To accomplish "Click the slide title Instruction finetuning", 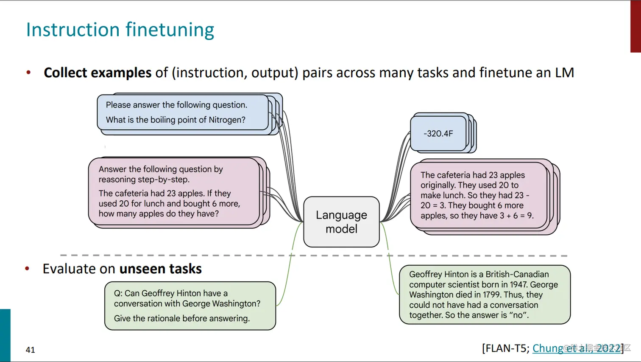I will pyautogui.click(x=120, y=30).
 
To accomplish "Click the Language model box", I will pyautogui.click(x=341, y=222).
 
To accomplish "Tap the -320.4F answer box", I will pyautogui.click(x=438, y=134).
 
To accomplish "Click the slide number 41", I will pyautogui.click(x=31, y=350).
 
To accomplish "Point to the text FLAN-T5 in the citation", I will pyautogui.click(x=505, y=348).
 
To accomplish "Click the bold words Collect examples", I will pyautogui.click(x=98, y=73).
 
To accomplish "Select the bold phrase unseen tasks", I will pyautogui.click(x=160, y=269).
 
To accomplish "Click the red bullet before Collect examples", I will pyautogui.click(x=28, y=73).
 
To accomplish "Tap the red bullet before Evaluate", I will pyautogui.click(x=27, y=269).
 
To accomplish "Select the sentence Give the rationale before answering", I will pyautogui.click(x=181, y=318).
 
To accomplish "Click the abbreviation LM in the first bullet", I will pyautogui.click(x=564, y=73).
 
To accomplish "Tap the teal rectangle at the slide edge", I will pyautogui.click(x=5, y=335).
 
